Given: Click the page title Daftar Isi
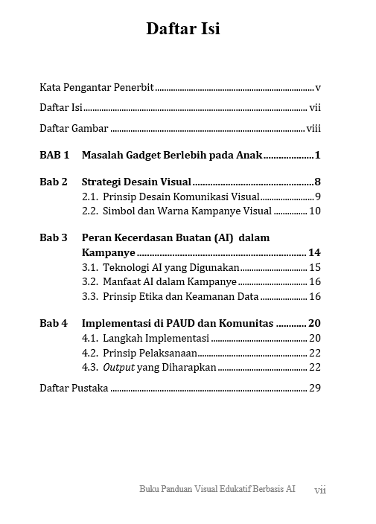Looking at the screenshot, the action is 182,29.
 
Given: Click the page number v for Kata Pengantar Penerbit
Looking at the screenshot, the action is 318,88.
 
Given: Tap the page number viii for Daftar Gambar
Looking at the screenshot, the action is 313,129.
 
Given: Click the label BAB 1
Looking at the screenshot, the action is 54,156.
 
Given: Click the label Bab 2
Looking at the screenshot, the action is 54,182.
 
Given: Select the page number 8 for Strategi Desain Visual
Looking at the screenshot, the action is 317,182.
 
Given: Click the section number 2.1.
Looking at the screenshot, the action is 89,197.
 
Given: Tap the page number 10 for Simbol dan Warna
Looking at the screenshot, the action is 314,211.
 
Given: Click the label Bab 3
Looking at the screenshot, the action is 54,238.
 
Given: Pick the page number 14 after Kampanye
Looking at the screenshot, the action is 314,253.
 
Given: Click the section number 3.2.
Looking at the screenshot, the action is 89,282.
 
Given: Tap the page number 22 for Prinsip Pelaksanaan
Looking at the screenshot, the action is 314,353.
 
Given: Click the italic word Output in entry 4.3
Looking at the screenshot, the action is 118,367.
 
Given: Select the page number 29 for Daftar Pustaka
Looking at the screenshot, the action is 314,388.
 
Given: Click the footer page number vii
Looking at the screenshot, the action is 320,490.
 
